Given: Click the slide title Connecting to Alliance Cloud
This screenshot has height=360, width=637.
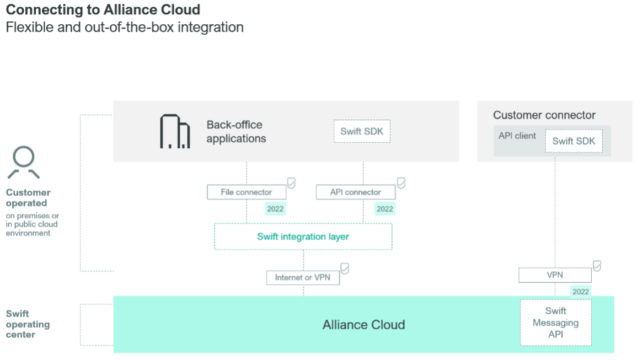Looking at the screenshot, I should click(x=103, y=9).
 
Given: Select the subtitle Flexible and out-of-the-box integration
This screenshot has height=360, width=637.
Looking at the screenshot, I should click(x=124, y=27).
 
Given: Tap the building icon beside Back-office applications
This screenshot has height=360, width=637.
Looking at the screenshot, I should click(x=175, y=132).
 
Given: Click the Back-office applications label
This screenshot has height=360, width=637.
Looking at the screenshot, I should click(x=236, y=132).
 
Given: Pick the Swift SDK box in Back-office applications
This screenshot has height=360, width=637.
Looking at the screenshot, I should click(x=362, y=132).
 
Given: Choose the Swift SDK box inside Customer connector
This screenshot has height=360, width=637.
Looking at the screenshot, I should click(x=574, y=141).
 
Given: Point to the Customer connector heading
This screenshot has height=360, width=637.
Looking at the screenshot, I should click(x=544, y=115).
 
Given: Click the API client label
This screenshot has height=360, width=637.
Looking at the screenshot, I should click(x=517, y=136).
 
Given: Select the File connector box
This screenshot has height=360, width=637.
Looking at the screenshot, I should click(x=247, y=192).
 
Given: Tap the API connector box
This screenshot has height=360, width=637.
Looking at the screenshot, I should click(x=356, y=192).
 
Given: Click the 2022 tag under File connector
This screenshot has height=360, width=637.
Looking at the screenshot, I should click(x=275, y=209).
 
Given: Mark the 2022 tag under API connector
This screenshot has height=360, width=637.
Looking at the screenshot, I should click(x=384, y=209).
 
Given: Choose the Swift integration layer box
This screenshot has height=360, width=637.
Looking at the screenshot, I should click(x=303, y=237).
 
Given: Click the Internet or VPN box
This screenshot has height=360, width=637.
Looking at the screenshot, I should click(x=303, y=278).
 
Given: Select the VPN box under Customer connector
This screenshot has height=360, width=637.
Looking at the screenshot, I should click(x=555, y=275).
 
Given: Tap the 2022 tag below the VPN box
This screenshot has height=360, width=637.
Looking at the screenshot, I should click(x=580, y=292).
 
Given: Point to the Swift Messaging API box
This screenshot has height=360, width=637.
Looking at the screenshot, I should click(x=555, y=323).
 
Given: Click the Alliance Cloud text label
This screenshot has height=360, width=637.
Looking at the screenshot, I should click(x=363, y=325).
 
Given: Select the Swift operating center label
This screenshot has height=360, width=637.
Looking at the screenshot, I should click(x=28, y=324).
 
